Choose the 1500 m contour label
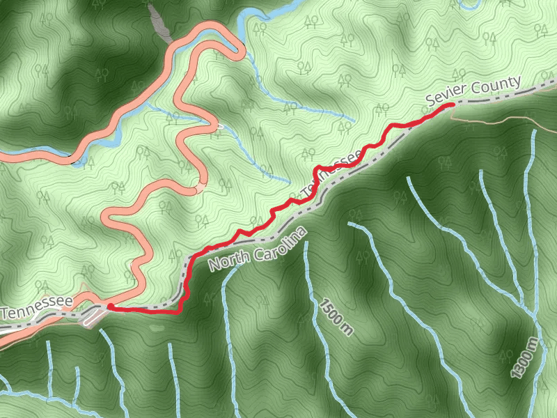click(x=337, y=316)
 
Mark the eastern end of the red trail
click(x=453, y=104)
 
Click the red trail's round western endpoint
click(x=109, y=306)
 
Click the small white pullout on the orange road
click(x=219, y=127)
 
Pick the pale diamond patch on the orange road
click(x=201, y=187)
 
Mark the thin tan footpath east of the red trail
click(x=501, y=119)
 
